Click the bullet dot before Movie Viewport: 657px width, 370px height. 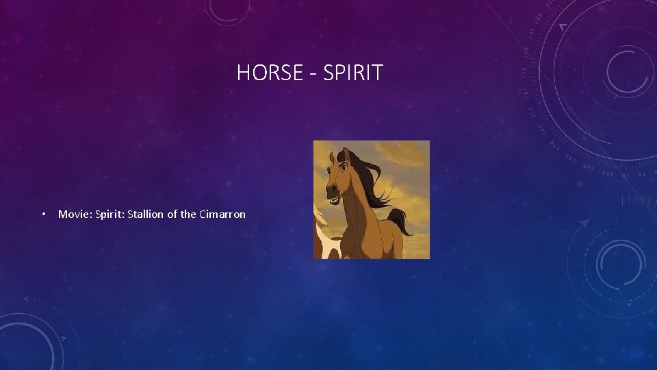click(x=43, y=214)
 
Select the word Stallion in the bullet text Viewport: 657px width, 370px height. click(x=145, y=214)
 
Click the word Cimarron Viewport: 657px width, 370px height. click(x=222, y=214)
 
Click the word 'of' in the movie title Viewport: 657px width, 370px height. click(x=172, y=214)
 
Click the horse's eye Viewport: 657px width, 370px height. click(x=344, y=166)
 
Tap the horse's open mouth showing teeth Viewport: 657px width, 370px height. click(x=334, y=197)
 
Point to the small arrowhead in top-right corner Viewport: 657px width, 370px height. click(x=563, y=27)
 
